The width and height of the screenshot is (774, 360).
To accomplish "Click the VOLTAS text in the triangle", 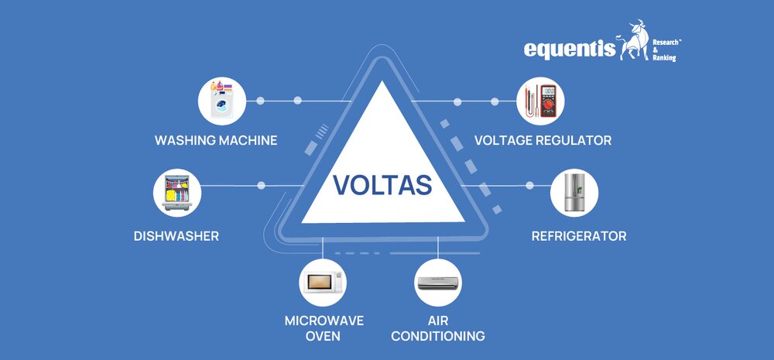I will pos(382,186).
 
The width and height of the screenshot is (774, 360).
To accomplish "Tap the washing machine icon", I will pos(222,101).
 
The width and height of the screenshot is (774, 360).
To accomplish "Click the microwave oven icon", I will pos(324,283).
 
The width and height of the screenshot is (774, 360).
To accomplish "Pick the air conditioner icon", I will pos(438,283).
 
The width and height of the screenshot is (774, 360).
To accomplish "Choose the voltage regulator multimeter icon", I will pos(539,101).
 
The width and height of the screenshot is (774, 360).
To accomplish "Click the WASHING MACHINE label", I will pos(216,141).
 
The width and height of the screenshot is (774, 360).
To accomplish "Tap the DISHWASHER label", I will pos(176,235).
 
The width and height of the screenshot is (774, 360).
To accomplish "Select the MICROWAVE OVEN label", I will pos(324,328).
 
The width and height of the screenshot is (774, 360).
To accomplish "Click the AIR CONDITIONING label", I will pos(438,328).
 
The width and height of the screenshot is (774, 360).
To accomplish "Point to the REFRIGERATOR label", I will pos(579,235).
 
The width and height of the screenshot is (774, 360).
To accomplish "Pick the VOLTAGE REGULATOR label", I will pos(543,141).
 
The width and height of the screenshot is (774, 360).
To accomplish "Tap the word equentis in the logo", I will pos(569,50).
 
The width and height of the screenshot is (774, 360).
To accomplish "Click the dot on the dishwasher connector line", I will pos(261,186).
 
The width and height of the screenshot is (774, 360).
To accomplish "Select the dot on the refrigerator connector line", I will pos(529,186).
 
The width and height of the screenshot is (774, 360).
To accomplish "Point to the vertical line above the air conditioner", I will pos(438,247).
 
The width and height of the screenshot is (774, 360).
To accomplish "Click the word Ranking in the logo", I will pos(663,58).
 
